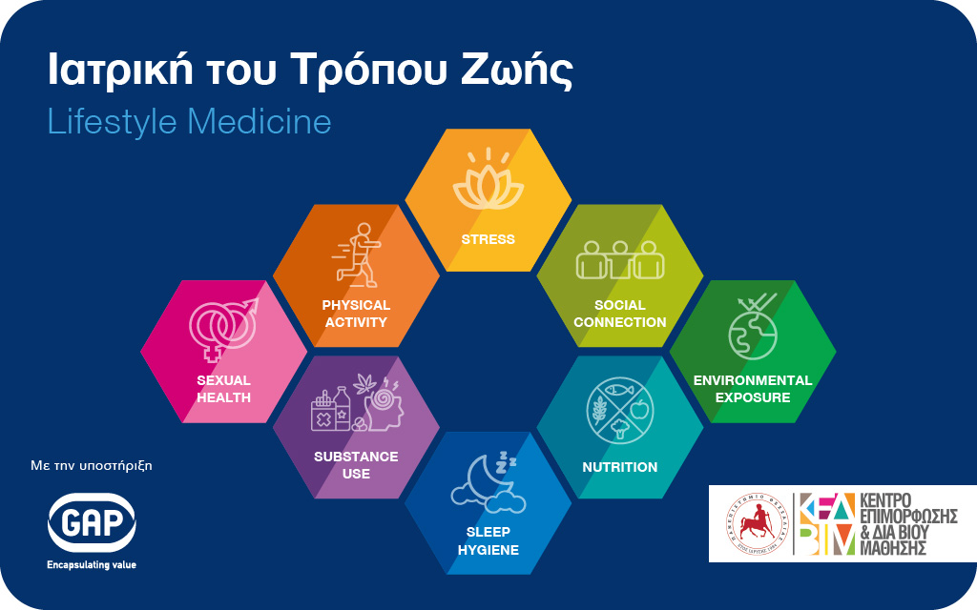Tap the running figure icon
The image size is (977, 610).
click(x=357, y=255)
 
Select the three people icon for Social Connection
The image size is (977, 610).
click(x=620, y=259)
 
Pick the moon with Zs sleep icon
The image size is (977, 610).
click(x=488, y=483)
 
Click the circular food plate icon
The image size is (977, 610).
click(x=620, y=410)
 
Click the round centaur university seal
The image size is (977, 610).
click(x=757, y=523)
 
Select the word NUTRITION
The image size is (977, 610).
click(x=620, y=467)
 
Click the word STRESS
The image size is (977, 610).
click(x=488, y=239)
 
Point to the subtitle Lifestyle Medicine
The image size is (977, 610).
click(x=190, y=121)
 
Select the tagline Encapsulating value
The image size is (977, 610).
click(x=92, y=565)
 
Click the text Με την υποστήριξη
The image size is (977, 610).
click(x=92, y=465)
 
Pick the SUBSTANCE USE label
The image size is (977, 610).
click(x=356, y=465)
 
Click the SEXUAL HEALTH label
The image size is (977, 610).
click(x=223, y=389)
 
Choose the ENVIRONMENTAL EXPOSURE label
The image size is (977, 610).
click(x=753, y=389)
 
